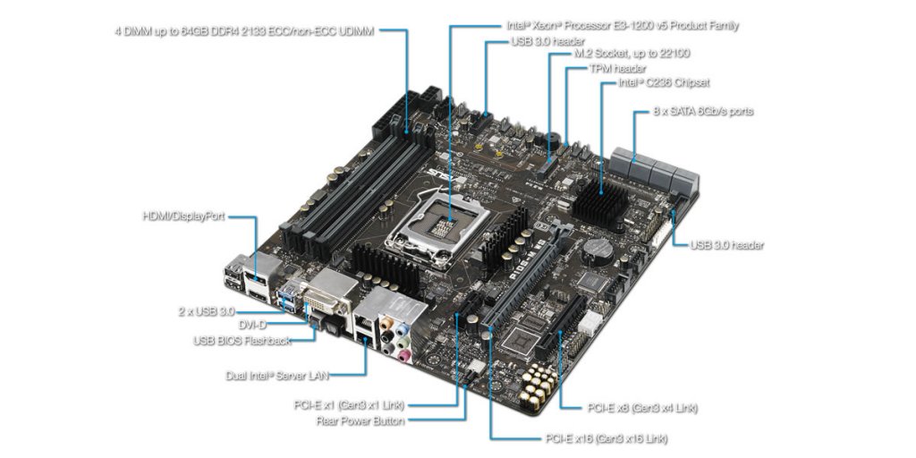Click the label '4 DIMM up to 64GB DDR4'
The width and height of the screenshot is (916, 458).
coord(244,30)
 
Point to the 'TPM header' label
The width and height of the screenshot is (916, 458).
coord(617,69)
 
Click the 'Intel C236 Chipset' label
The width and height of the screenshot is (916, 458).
coord(664,83)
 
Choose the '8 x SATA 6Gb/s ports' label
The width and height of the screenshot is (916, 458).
coord(704,112)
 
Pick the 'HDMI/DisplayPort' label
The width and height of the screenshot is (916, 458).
coord(184,216)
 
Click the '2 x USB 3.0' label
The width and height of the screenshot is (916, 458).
coord(206,311)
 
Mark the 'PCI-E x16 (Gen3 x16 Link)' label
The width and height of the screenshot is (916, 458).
coord(606,438)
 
